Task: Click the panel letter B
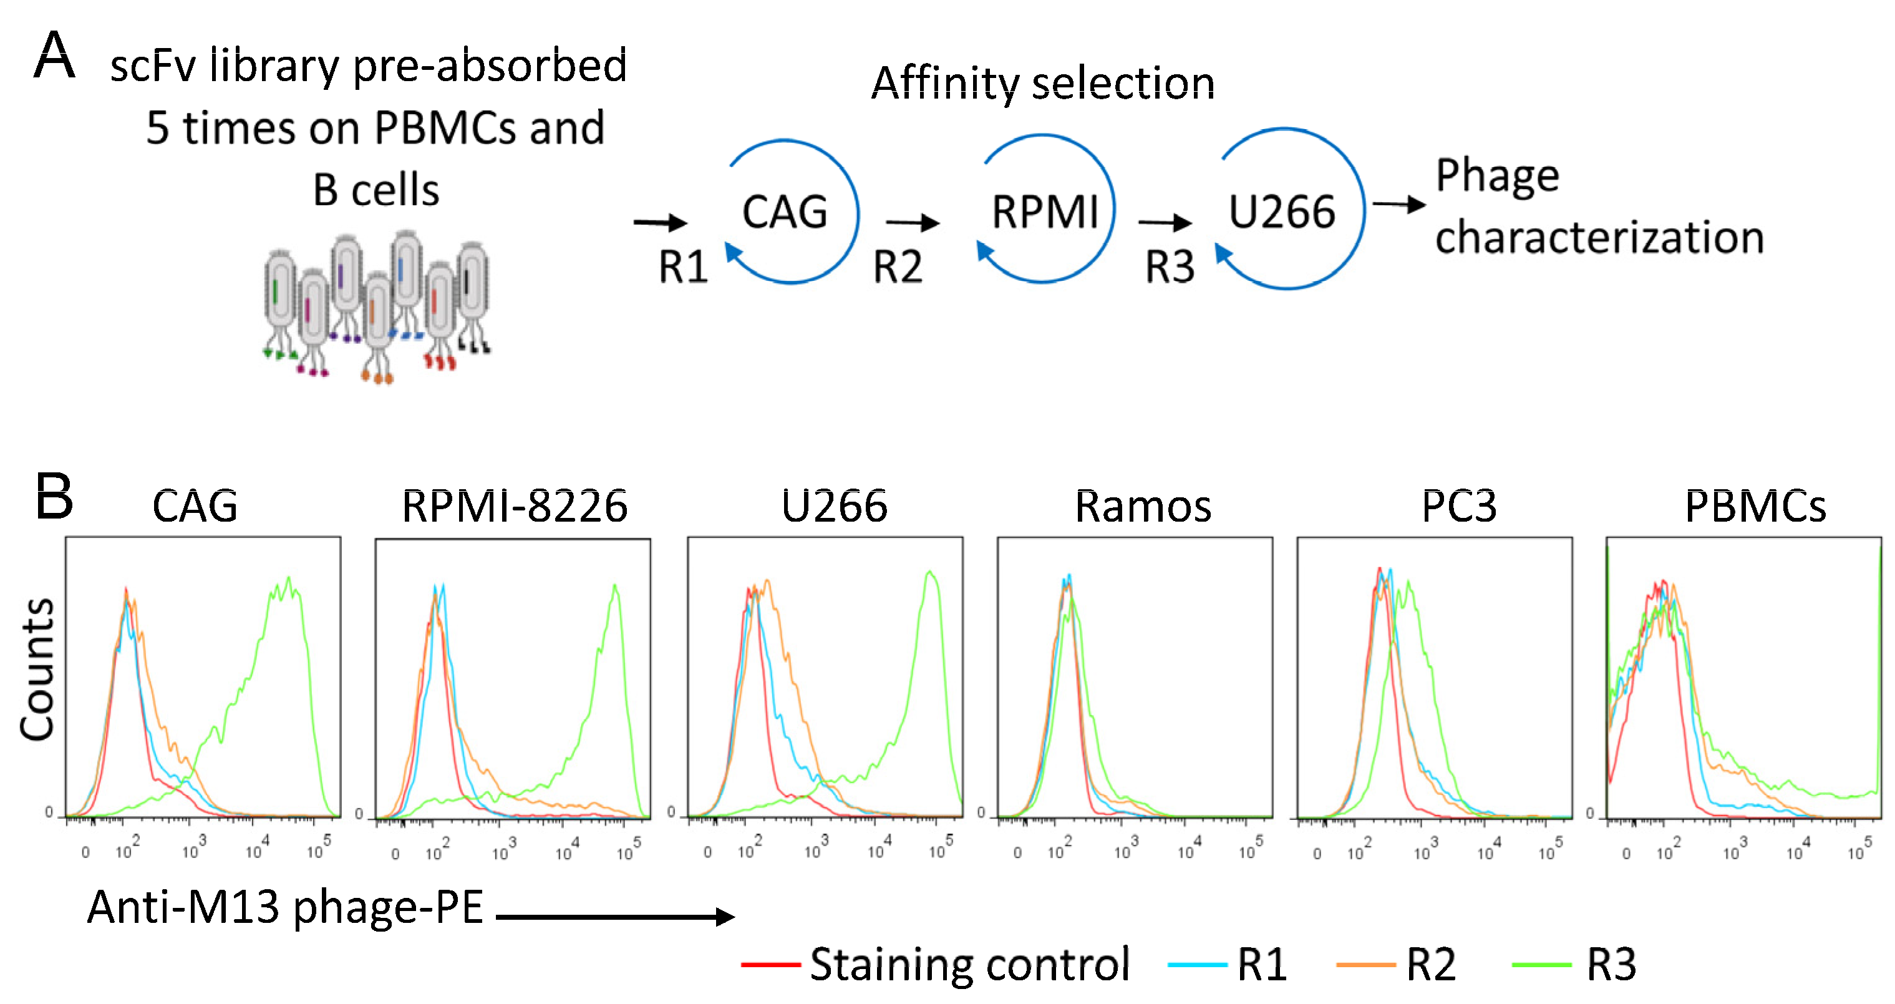point(54,496)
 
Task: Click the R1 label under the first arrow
point(682,266)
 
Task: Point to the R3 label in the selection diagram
point(1170,266)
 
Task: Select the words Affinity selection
point(1042,82)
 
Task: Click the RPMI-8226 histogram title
point(514,507)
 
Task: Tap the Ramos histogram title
point(1143,507)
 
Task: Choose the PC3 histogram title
point(1459,507)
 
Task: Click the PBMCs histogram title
point(1755,507)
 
